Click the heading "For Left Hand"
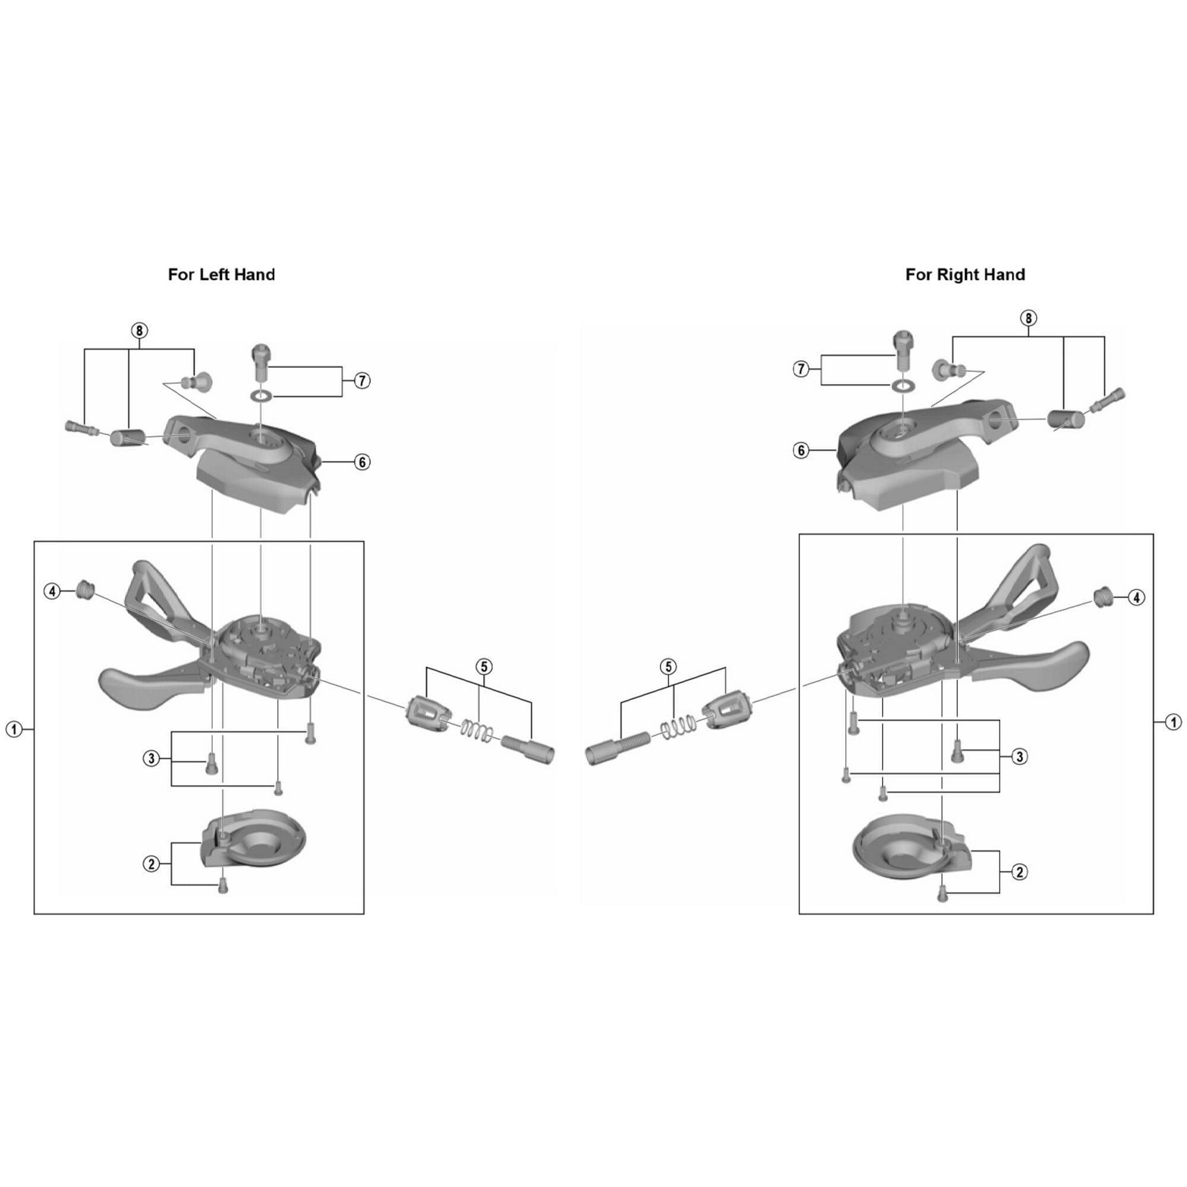pyautogui.click(x=221, y=275)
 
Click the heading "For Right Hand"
pyautogui.click(x=964, y=275)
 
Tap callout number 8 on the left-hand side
pyautogui.click(x=139, y=331)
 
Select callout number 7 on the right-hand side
pyautogui.click(x=801, y=369)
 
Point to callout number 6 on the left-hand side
pyautogui.click(x=362, y=462)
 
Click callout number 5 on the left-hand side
pyautogui.click(x=484, y=667)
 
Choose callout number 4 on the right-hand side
pyautogui.click(x=1136, y=597)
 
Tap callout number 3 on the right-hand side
pyautogui.click(x=1019, y=756)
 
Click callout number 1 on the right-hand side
pyautogui.click(x=1173, y=722)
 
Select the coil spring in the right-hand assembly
pyautogui.click(x=678, y=728)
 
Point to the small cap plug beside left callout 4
pyautogui.click(x=85, y=591)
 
